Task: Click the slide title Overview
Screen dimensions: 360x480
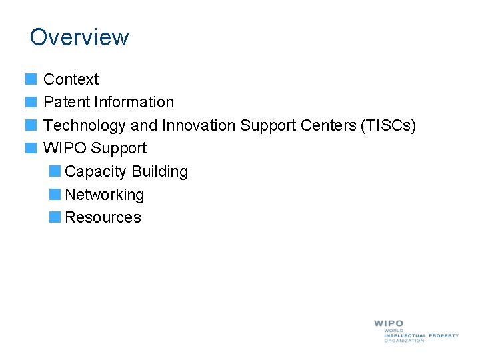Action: pos(79,37)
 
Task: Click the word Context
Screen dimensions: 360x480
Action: pos(71,79)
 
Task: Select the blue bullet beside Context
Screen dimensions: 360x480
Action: pos(31,79)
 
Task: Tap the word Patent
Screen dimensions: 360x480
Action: pos(67,102)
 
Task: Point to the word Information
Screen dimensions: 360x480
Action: pos(134,102)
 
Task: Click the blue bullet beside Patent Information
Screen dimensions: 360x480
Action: pos(31,102)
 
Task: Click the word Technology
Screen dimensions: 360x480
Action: pos(85,125)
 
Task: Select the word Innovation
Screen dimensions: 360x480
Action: pos(199,125)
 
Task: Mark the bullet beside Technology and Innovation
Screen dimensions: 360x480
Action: pos(31,125)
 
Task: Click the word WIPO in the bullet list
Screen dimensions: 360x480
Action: pos(65,148)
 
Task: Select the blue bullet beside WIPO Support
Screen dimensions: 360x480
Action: pos(31,148)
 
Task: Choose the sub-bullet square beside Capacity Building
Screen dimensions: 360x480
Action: pos(55,171)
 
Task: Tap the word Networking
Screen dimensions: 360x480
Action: pos(105,195)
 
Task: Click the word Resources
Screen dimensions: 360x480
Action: pos(103,217)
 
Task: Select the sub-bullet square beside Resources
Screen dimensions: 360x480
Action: pos(55,217)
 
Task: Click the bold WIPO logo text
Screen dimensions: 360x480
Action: pos(389,323)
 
